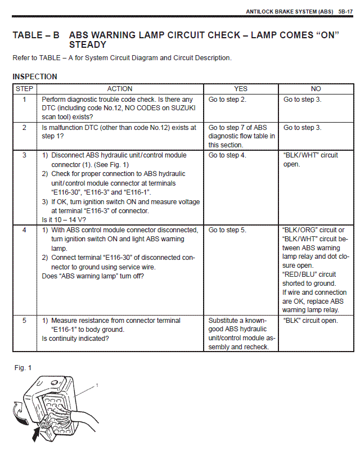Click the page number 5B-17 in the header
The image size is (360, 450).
(345, 11)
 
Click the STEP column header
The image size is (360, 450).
(24, 89)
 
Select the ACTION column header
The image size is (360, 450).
(120, 89)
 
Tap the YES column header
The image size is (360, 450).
(241, 89)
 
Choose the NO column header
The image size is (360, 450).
(316, 89)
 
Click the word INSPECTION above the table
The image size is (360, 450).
(35, 76)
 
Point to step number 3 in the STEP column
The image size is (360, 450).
(24, 155)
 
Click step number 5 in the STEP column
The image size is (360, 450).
(24, 321)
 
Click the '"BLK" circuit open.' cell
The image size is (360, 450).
(310, 321)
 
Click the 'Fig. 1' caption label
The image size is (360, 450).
(23, 368)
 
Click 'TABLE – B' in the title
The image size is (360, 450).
(36, 35)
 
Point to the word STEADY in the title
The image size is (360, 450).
(88, 44)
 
